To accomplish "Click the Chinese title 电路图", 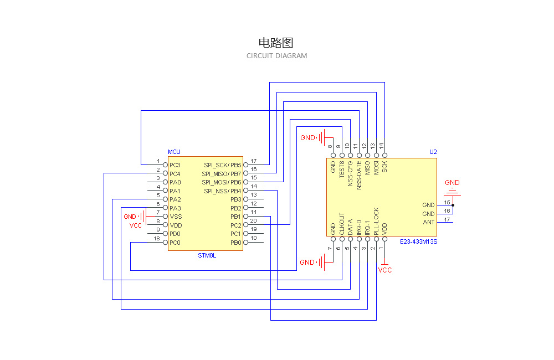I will [275, 43].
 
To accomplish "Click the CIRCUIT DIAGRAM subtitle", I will [276, 56].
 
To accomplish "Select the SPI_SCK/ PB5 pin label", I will [222, 165].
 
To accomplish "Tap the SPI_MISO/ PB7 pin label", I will [222, 174].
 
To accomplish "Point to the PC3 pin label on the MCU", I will [175, 165].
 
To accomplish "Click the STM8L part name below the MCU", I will [206, 256].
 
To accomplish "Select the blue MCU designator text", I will [174, 152].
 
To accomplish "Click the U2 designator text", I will [433, 152].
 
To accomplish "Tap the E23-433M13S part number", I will [418, 241].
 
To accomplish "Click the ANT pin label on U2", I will [429, 223].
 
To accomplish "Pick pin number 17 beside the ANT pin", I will [447, 220].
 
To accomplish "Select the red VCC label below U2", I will [385, 270].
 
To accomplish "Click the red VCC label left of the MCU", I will [136, 226].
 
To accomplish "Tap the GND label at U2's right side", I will [452, 183].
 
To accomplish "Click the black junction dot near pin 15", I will [453, 205].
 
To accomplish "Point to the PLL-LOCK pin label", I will [376, 222].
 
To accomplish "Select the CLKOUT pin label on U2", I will [342, 225].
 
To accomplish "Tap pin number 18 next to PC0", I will [157, 239].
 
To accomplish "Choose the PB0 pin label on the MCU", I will [236, 243].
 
